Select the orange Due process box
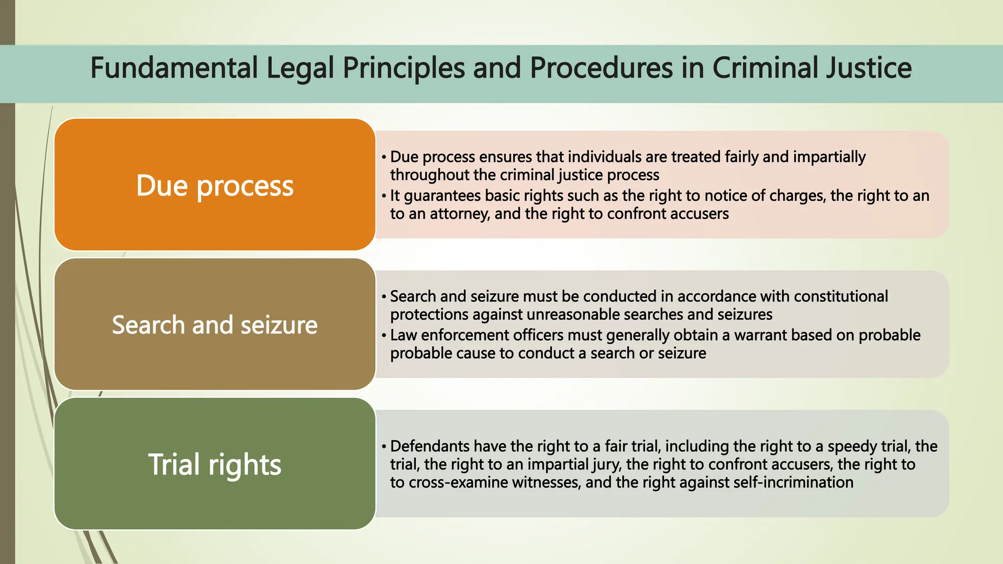click(215, 185)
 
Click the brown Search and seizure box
click(215, 325)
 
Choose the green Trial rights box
click(215, 464)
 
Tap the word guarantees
click(442, 196)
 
